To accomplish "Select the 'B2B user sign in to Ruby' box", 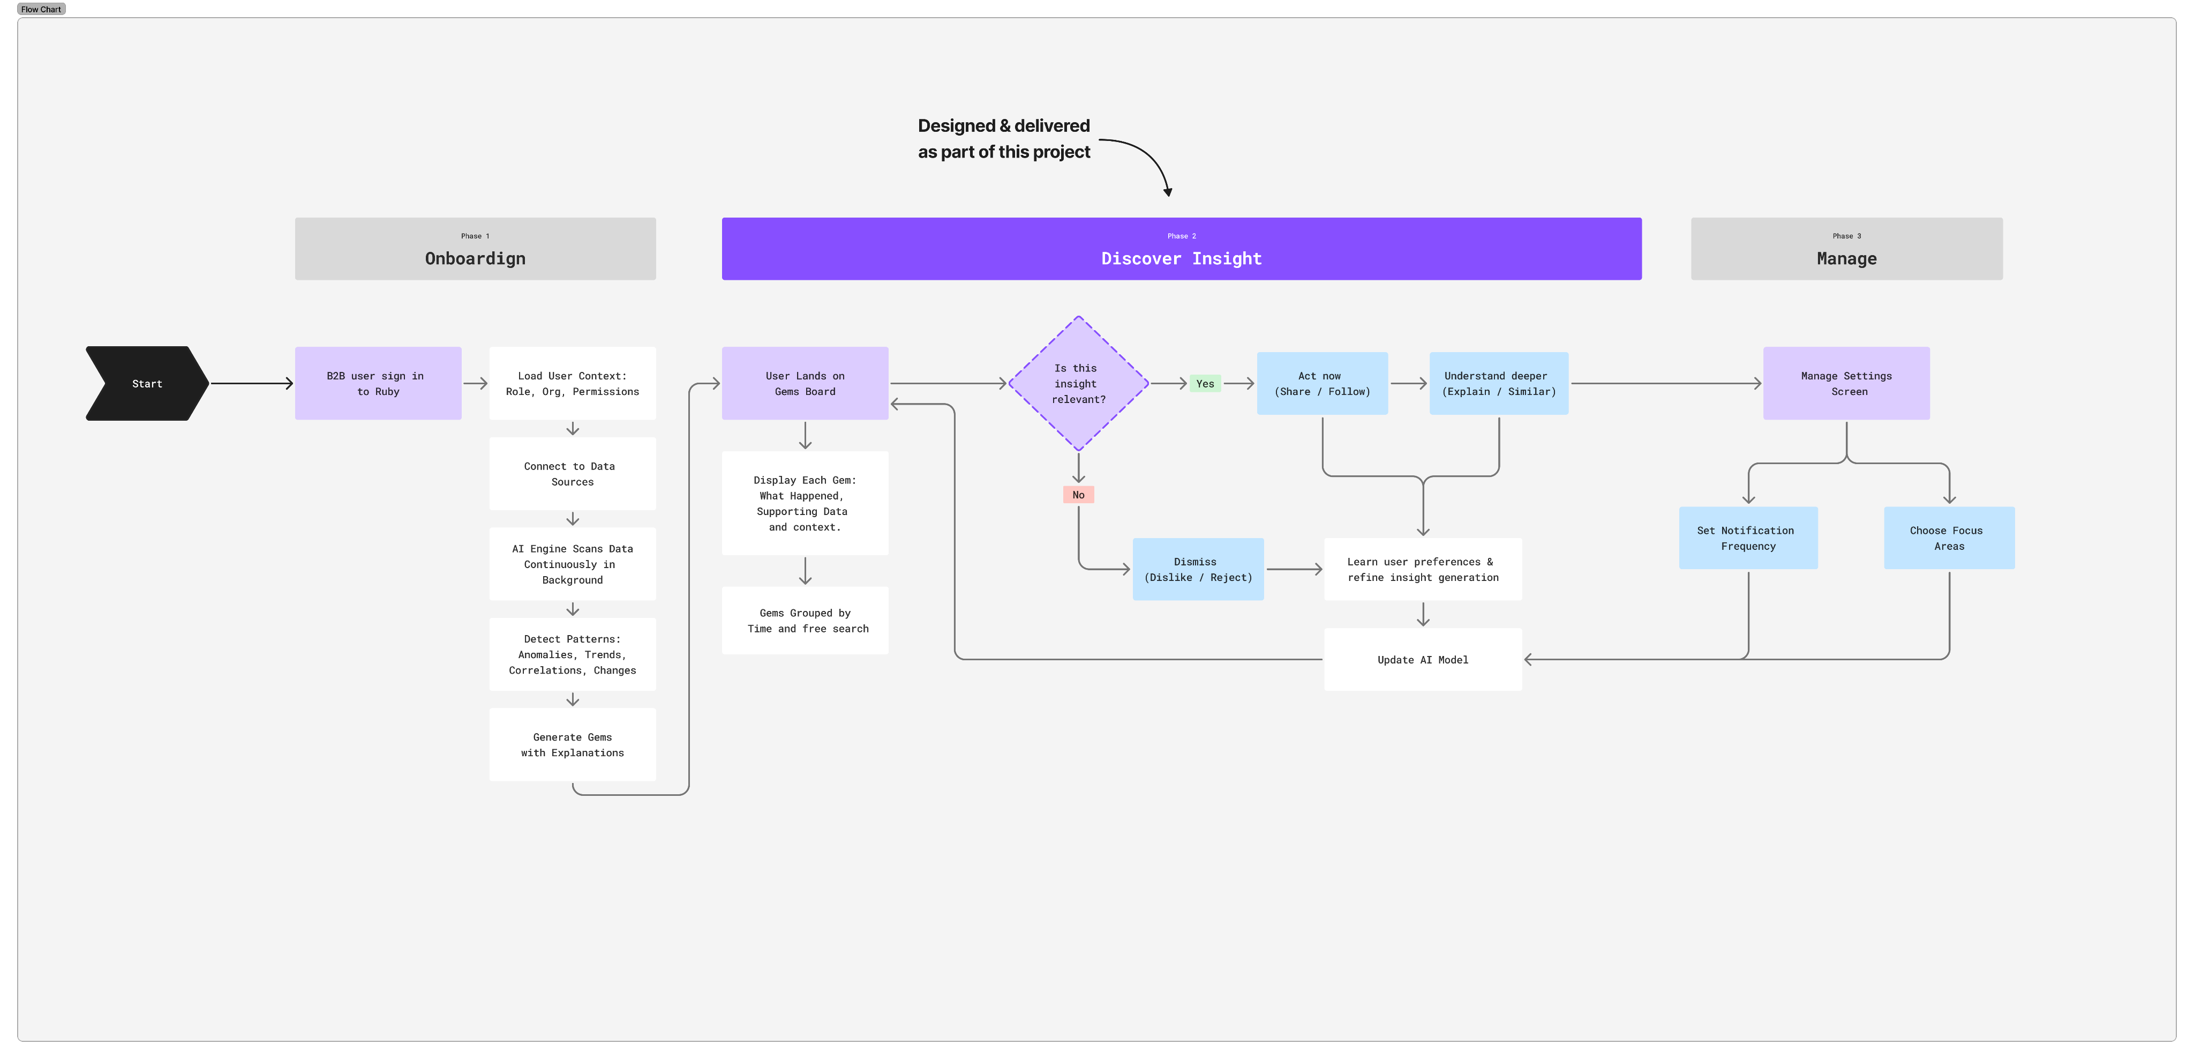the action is click(x=378, y=383).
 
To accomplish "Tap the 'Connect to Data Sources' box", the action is click(x=573, y=474).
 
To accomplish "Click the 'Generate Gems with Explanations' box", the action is click(x=573, y=744).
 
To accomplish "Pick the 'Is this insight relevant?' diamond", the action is click(x=1078, y=383).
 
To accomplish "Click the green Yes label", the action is click(x=1205, y=383).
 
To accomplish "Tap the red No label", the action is click(x=1078, y=495).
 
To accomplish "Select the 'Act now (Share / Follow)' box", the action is click(x=1322, y=383).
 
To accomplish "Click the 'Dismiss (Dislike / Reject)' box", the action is click(x=1198, y=569).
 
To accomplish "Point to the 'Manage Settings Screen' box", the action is click(x=1846, y=383).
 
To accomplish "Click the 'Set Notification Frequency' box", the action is click(x=1748, y=538).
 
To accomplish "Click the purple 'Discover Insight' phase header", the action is click(x=1181, y=249).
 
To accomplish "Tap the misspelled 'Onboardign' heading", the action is click(x=475, y=258).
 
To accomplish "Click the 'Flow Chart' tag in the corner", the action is click(x=41, y=9).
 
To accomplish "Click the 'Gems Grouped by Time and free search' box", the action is click(x=805, y=620).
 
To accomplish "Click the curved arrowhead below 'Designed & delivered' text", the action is click(x=1168, y=192).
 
